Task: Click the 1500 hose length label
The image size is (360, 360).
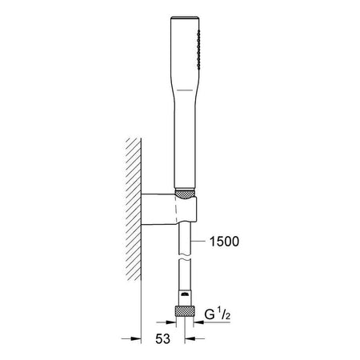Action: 224,242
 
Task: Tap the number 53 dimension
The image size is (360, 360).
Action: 162,339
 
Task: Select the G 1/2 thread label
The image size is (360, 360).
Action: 217,314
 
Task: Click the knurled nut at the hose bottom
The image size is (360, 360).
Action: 185,311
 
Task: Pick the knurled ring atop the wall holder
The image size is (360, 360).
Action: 185,194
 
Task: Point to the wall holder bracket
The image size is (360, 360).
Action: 169,210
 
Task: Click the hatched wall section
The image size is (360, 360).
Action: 134,209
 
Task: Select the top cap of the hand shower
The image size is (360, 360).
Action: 185,18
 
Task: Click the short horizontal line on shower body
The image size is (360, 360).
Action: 185,90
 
